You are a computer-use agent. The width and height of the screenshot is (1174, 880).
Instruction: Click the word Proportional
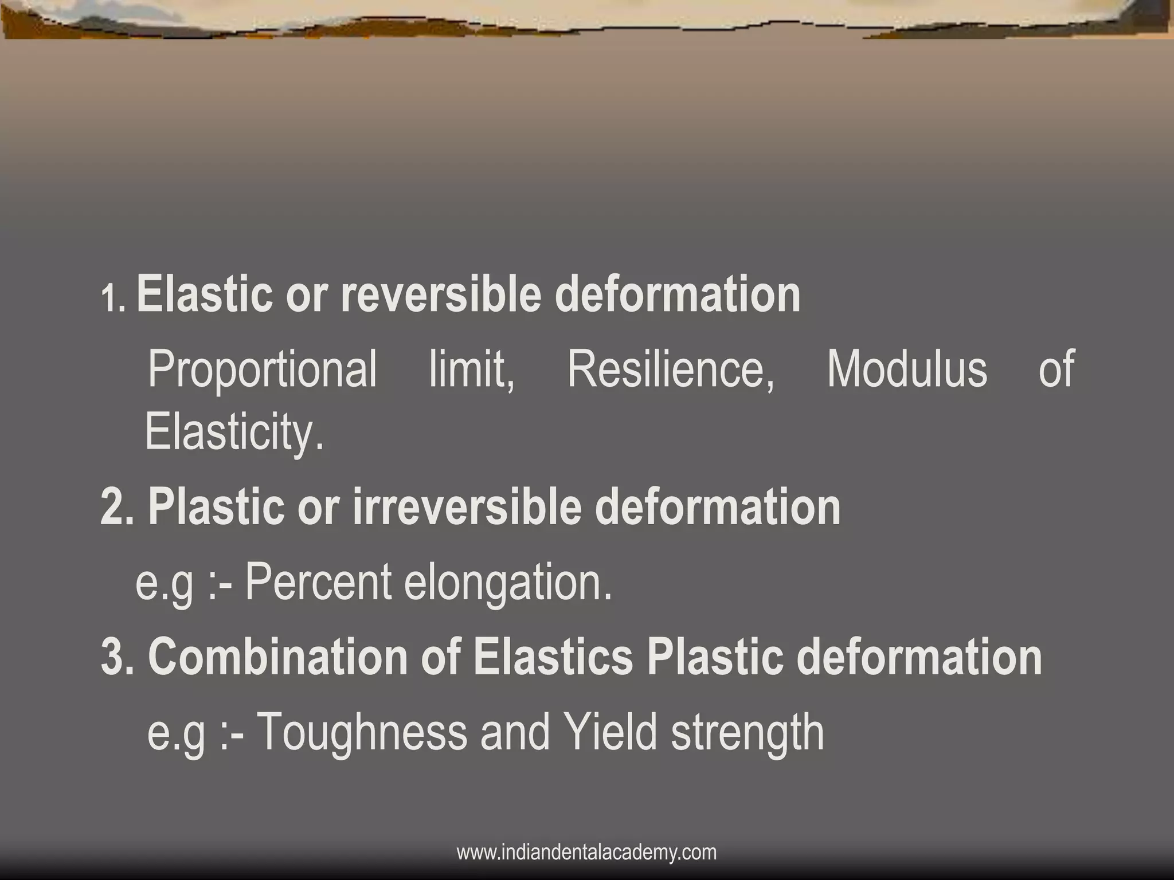pos(263,370)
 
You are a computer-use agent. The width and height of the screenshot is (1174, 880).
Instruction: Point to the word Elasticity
pos(234,433)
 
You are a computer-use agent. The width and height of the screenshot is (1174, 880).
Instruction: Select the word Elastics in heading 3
pos(553,657)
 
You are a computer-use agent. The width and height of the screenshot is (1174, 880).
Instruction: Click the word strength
pos(748,733)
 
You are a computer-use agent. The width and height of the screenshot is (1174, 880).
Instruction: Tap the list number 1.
pos(112,299)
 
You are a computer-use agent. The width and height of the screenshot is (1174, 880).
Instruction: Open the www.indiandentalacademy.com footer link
pos(586,852)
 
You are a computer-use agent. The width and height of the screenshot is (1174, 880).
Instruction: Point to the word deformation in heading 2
pos(717,507)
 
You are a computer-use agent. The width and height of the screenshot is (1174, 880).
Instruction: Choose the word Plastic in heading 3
pos(714,657)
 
